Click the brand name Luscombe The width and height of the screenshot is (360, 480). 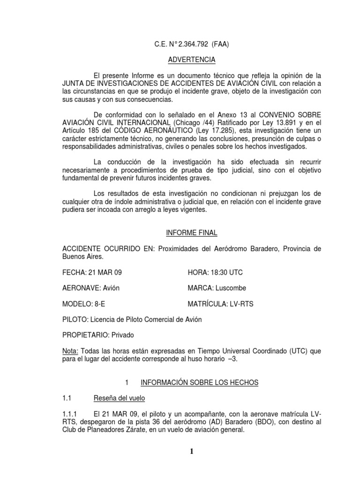click(x=230, y=288)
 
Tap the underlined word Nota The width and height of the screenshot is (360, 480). click(x=70, y=351)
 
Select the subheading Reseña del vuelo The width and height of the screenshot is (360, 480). click(x=119, y=398)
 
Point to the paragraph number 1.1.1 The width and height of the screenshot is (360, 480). click(x=71, y=414)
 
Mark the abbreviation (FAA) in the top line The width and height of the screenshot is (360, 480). click(x=220, y=45)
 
